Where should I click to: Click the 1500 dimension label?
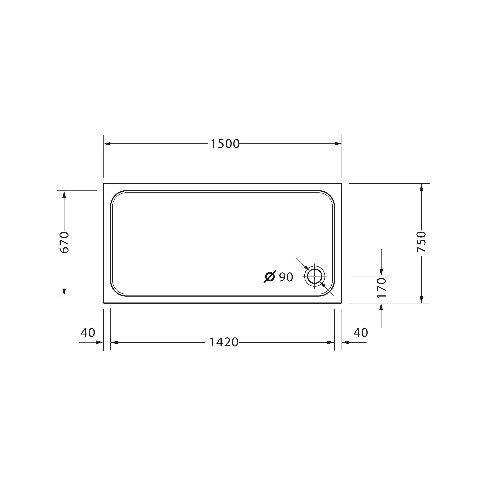[x=225, y=144]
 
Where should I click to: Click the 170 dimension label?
[x=381, y=288]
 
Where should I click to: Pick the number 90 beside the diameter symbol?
[x=286, y=277]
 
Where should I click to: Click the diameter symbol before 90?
[x=270, y=277]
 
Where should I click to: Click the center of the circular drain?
[x=315, y=276]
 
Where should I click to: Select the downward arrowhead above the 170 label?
[x=381, y=272]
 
